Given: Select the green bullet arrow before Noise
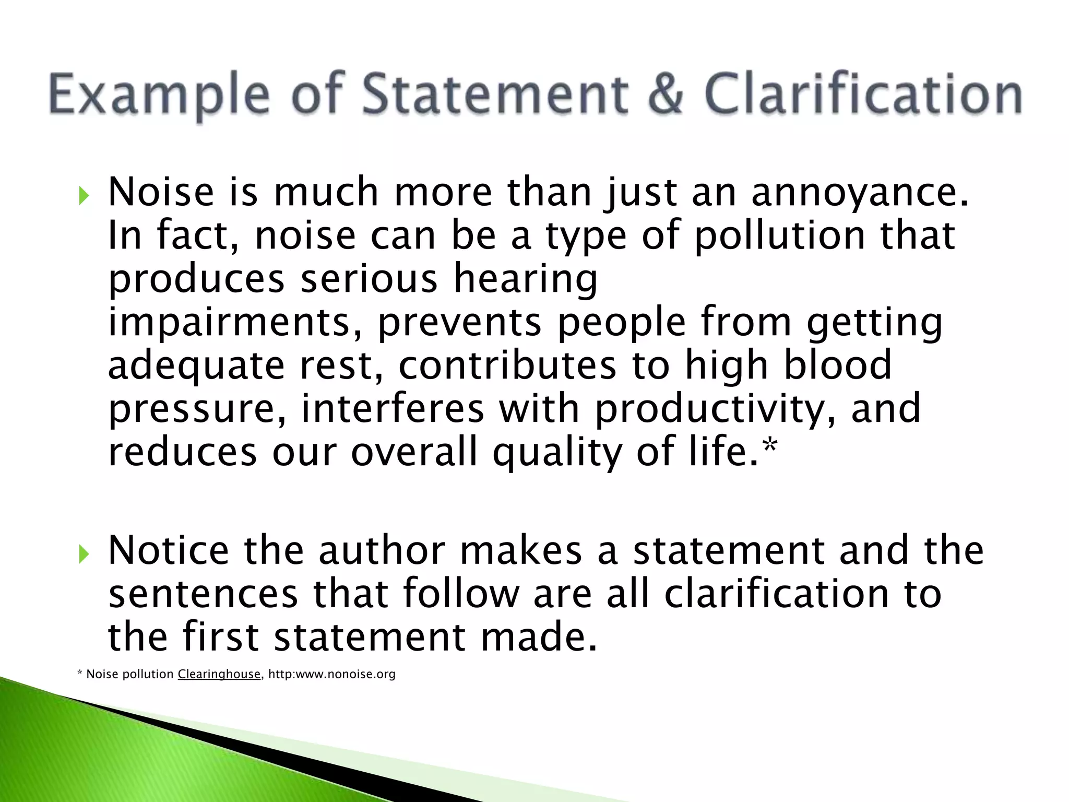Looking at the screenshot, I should pyautogui.click(x=84, y=196).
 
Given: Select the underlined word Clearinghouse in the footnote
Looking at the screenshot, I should pyautogui.click(x=219, y=674).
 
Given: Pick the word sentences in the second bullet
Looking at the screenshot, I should pyautogui.click(x=203, y=595).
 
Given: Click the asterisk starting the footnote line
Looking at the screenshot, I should pyautogui.click(x=80, y=674).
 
